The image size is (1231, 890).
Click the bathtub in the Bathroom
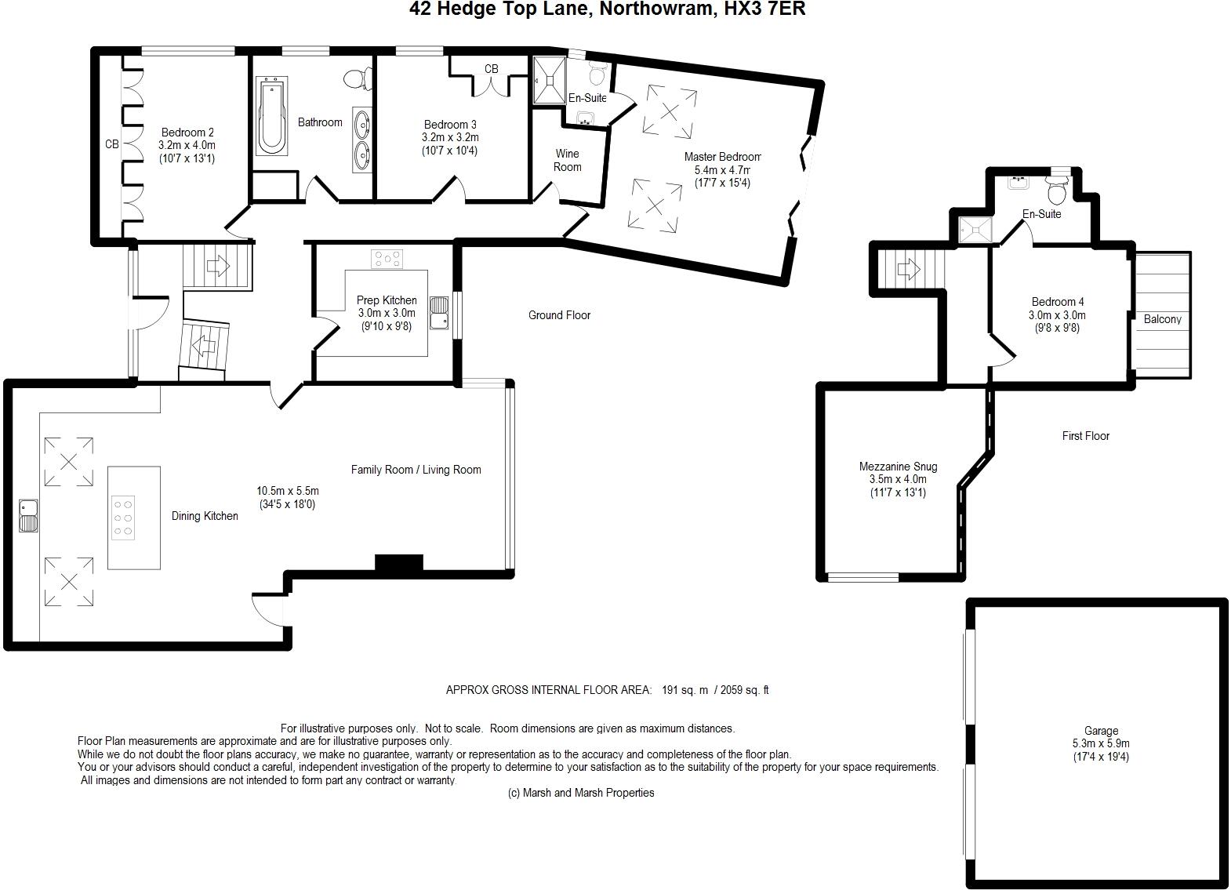pos(272,115)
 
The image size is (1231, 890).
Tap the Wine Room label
pos(567,160)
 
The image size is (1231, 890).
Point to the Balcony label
pos(1162,319)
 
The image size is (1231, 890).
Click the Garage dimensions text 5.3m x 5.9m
pos(1101,744)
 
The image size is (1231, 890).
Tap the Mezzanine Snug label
pos(898,467)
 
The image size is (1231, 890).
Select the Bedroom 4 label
pos(1058,302)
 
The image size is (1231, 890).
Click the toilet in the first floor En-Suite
pos(1056,190)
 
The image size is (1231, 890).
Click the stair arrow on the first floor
pos(908,271)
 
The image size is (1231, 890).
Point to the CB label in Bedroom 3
pos(491,69)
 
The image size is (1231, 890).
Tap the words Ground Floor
pos(559,315)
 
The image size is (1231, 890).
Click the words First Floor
pos(1085,436)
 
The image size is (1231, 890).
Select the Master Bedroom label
pos(721,157)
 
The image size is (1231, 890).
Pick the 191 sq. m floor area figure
pos(685,690)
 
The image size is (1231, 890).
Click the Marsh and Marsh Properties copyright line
pos(581,793)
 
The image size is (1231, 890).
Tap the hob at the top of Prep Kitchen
pos(387,258)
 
